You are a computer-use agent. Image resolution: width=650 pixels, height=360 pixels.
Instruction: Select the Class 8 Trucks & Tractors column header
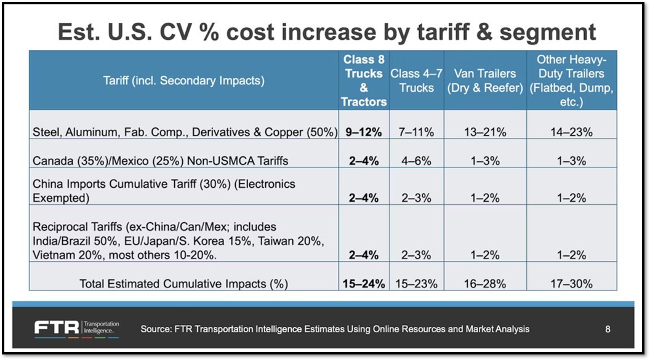[364, 81]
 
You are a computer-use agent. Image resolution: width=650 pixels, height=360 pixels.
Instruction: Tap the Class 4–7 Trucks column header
[416, 81]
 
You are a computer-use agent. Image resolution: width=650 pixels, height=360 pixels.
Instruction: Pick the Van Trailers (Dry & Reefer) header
[485, 81]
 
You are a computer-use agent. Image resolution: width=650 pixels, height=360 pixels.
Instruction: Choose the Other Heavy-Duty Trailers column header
[571, 81]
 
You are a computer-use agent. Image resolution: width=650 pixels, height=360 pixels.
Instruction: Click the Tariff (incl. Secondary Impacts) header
[183, 81]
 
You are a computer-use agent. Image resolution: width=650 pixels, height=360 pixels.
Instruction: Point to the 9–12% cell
[364, 132]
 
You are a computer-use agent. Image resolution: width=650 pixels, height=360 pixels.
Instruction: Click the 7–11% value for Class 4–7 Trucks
[416, 132]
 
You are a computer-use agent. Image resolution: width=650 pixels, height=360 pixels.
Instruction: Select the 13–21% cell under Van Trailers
[485, 132]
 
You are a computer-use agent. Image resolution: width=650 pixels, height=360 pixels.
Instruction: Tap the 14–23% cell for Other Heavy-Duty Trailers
[571, 132]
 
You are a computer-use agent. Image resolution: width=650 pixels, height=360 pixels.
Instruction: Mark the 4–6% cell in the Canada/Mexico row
[416, 161]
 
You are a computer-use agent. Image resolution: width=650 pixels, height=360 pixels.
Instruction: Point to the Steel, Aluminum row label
[184, 132]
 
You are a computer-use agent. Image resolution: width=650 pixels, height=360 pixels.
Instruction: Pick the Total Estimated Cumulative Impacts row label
[183, 284]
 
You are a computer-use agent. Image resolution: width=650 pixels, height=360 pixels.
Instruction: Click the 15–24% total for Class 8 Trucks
[364, 284]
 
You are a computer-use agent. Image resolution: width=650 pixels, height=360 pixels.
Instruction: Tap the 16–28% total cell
[485, 284]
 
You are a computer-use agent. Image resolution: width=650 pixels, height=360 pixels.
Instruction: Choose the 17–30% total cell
[571, 284]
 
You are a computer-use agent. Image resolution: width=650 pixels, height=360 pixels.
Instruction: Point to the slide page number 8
[608, 329]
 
